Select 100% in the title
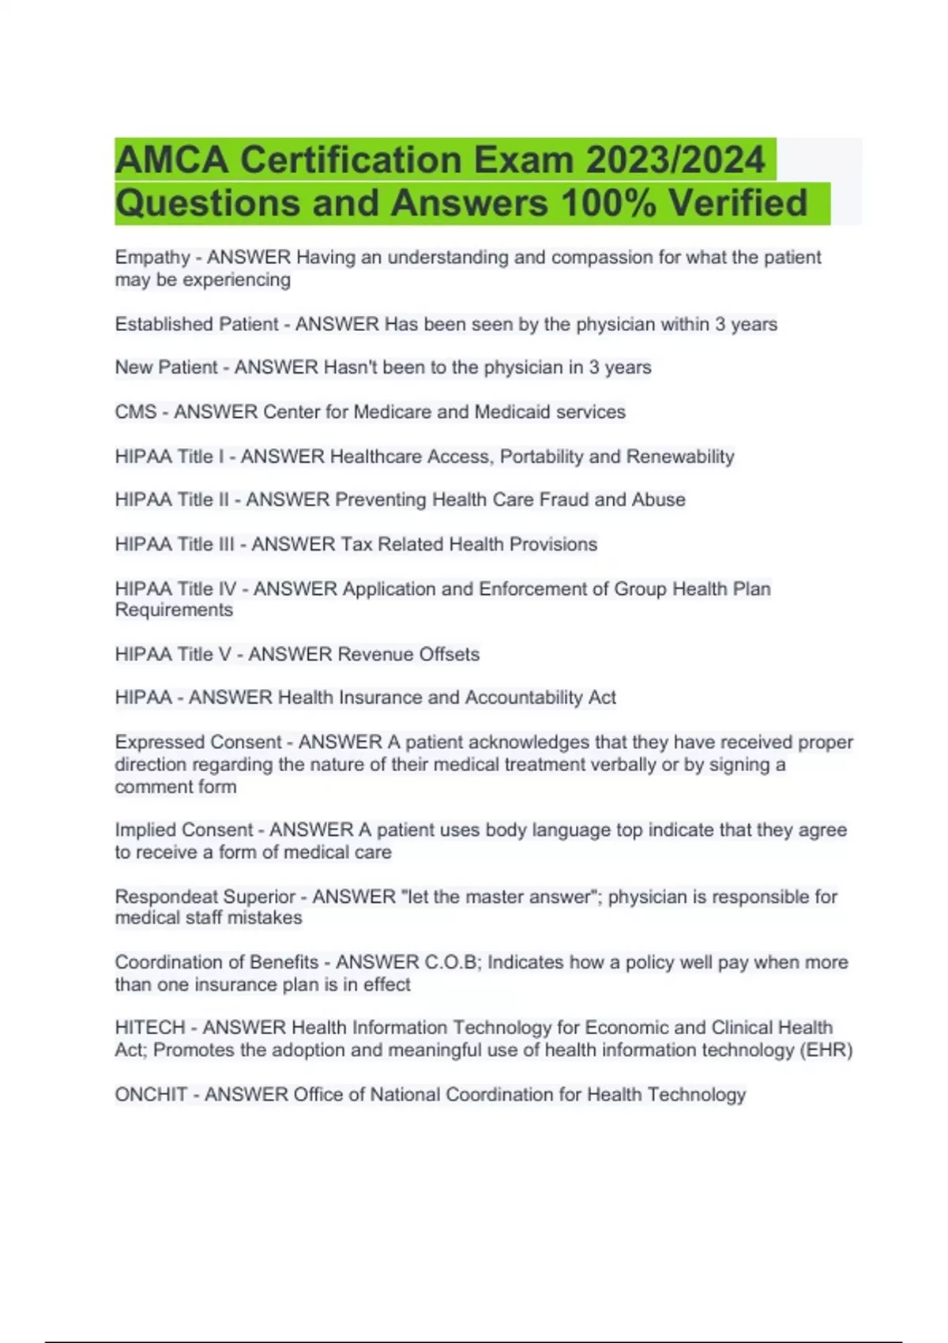tap(608, 203)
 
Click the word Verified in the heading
tap(738, 203)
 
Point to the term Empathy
tap(152, 258)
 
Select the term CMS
tap(136, 412)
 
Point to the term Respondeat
tap(166, 897)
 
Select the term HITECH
tap(149, 1028)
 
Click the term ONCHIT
tap(151, 1095)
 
